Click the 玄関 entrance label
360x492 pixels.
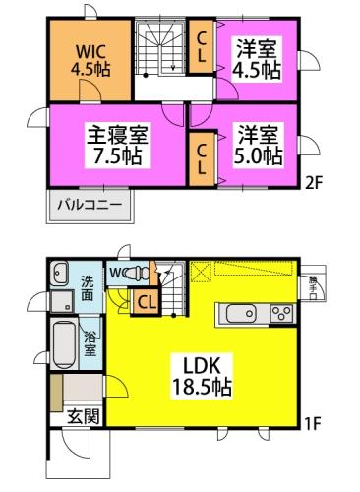tap(83, 415)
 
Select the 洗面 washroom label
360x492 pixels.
tap(89, 288)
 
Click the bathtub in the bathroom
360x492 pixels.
tap(62, 343)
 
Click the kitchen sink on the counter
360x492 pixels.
tap(240, 314)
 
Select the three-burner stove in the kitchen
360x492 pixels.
tap(279, 314)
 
